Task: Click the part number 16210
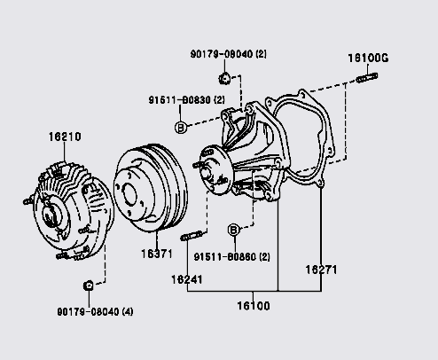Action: tap(65, 137)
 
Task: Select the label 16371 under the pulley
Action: tap(157, 254)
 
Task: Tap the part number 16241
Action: tap(187, 279)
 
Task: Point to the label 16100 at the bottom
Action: tap(254, 306)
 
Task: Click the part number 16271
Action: tap(321, 270)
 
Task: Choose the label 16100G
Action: tap(368, 58)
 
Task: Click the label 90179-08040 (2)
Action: tap(228, 54)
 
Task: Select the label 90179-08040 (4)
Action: tap(95, 311)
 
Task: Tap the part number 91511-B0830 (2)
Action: tap(186, 100)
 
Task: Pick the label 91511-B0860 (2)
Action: tap(232, 257)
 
